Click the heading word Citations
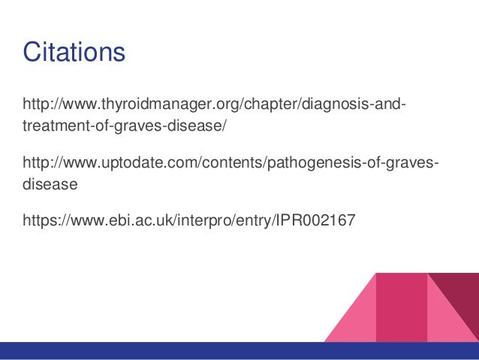[x=74, y=53]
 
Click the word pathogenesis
[x=310, y=162]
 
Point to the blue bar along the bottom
[x=239, y=351]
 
